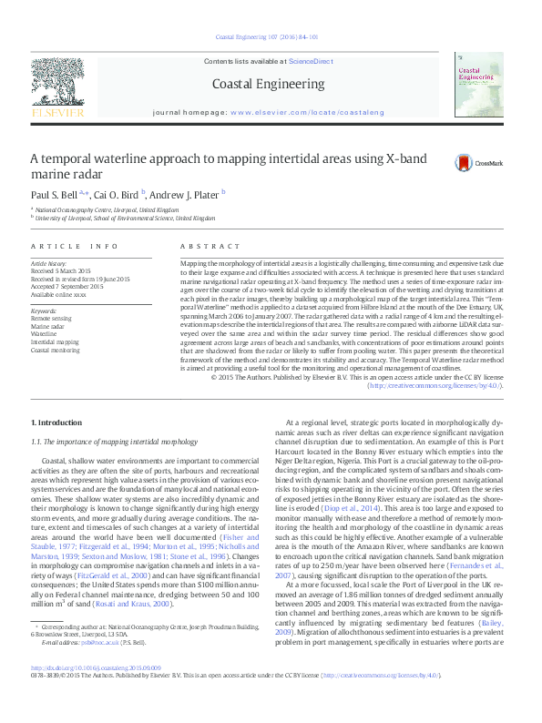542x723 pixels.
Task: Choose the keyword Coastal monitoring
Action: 54,350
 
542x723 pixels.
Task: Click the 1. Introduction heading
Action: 56,423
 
